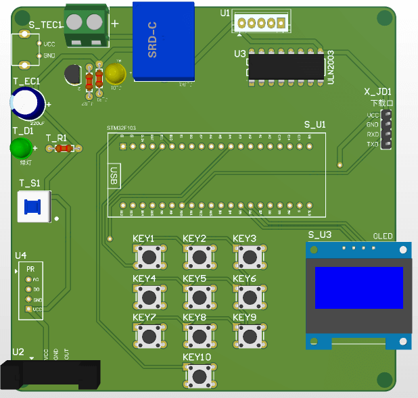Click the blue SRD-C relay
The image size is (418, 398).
click(163, 41)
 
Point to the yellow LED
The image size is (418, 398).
click(116, 72)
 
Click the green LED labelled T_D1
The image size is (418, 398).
click(22, 147)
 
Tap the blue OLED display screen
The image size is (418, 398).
click(358, 288)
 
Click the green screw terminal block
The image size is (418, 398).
click(87, 24)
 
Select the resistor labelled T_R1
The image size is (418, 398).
click(63, 148)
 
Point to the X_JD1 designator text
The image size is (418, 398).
click(378, 92)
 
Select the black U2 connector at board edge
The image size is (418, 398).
click(51, 375)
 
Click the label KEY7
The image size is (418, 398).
click(144, 318)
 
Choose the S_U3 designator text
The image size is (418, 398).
click(320, 235)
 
